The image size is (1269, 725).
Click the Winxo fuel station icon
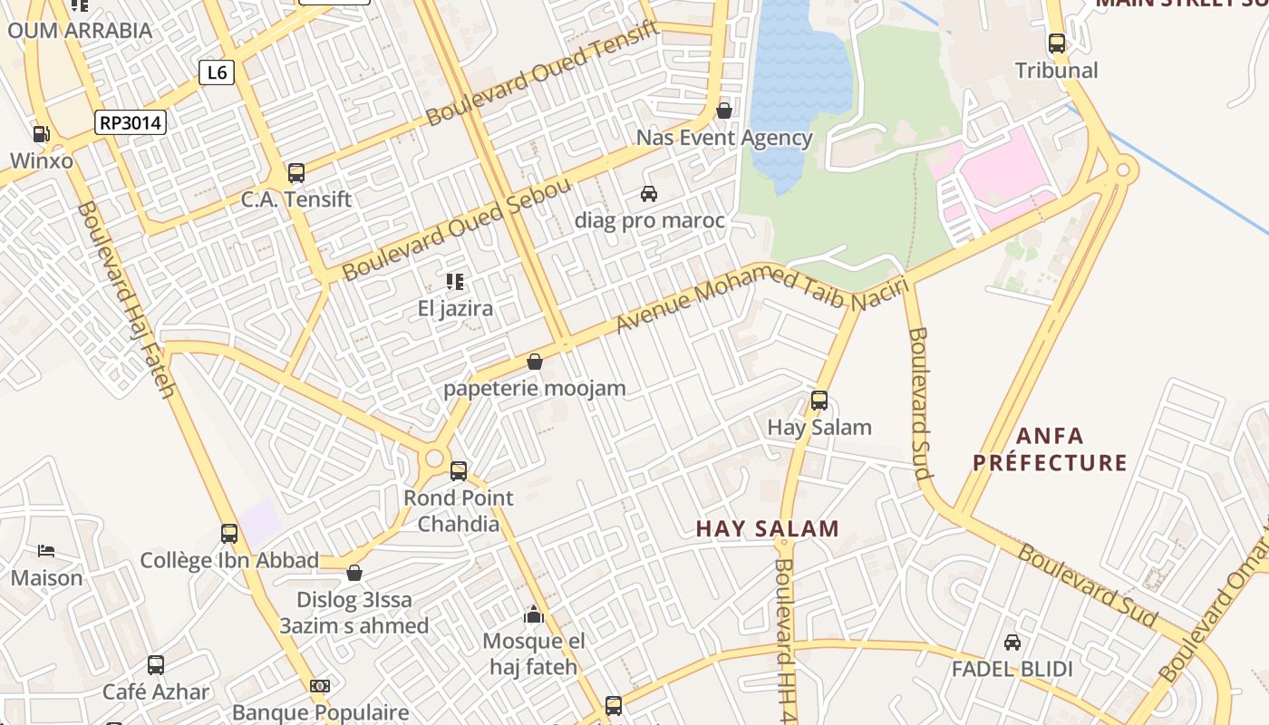pyautogui.click(x=41, y=134)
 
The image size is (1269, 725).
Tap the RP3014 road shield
pyautogui.click(x=131, y=122)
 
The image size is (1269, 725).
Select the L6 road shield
pyautogui.click(x=217, y=72)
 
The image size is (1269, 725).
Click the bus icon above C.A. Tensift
pyautogui.click(x=295, y=172)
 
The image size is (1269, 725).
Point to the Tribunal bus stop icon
pyautogui.click(x=1056, y=43)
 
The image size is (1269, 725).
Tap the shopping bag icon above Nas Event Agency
pyautogui.click(x=723, y=111)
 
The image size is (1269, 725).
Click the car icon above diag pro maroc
pyautogui.click(x=649, y=193)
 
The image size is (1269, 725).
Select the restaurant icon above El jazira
pyautogui.click(x=455, y=282)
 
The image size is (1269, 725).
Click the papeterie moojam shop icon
pyautogui.click(x=535, y=362)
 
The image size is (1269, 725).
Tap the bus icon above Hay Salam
pyautogui.click(x=819, y=400)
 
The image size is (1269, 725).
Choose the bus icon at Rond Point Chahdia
pyautogui.click(x=459, y=470)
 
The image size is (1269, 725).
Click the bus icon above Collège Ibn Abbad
pyautogui.click(x=229, y=534)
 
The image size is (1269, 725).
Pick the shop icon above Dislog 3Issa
pyautogui.click(x=354, y=573)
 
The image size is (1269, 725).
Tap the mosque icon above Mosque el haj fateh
pyautogui.click(x=534, y=615)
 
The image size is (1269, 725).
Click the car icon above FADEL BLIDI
pyautogui.click(x=1012, y=643)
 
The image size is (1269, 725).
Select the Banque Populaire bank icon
pyautogui.click(x=320, y=686)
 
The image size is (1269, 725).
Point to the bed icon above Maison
pyautogui.click(x=46, y=551)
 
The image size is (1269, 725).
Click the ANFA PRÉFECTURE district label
pyautogui.click(x=1051, y=449)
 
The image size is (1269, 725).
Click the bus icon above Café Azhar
pyautogui.click(x=156, y=665)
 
